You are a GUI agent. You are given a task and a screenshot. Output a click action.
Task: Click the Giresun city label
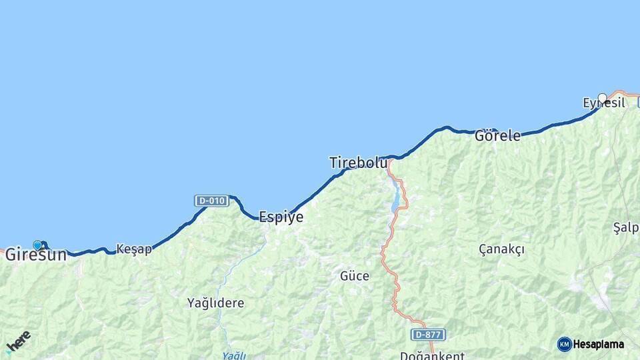[x=36, y=255]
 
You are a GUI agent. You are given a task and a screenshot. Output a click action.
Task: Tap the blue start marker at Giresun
[x=37, y=245]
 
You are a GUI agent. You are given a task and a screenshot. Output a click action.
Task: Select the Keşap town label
[x=134, y=249]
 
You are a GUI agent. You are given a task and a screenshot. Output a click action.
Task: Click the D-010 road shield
[x=211, y=200]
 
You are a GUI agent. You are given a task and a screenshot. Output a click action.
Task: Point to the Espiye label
[x=281, y=217]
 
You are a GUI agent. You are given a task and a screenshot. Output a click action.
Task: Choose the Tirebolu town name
[x=358, y=163]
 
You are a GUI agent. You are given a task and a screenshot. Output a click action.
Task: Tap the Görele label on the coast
[x=497, y=136]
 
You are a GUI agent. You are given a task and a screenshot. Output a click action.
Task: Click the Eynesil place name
[x=603, y=103]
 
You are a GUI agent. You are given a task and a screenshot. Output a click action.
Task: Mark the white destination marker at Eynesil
[x=603, y=98]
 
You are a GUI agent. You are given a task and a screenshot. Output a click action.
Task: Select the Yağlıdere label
[x=215, y=303]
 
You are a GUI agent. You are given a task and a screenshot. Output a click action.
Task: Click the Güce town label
[x=355, y=275]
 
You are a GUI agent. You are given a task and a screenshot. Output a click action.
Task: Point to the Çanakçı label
[x=501, y=249]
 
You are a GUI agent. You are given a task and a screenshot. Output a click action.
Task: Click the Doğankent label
[x=432, y=355]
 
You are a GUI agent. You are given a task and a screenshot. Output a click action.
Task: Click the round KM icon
[x=565, y=344]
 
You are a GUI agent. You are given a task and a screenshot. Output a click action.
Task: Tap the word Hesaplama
[x=599, y=344]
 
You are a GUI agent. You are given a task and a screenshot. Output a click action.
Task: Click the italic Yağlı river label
[x=234, y=355]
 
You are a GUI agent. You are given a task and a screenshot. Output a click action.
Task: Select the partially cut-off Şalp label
[x=626, y=228]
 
